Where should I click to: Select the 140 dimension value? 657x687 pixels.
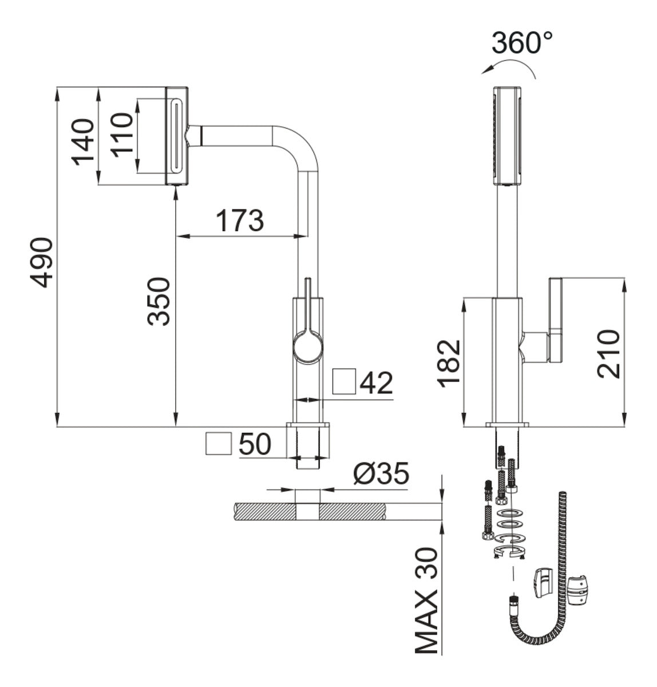click(83, 141)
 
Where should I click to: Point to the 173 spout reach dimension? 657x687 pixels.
click(240, 220)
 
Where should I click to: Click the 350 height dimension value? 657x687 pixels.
click(159, 301)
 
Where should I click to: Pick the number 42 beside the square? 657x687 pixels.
click(376, 383)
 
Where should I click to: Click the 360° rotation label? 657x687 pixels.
click(523, 42)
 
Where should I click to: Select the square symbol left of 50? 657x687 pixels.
click(217, 444)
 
